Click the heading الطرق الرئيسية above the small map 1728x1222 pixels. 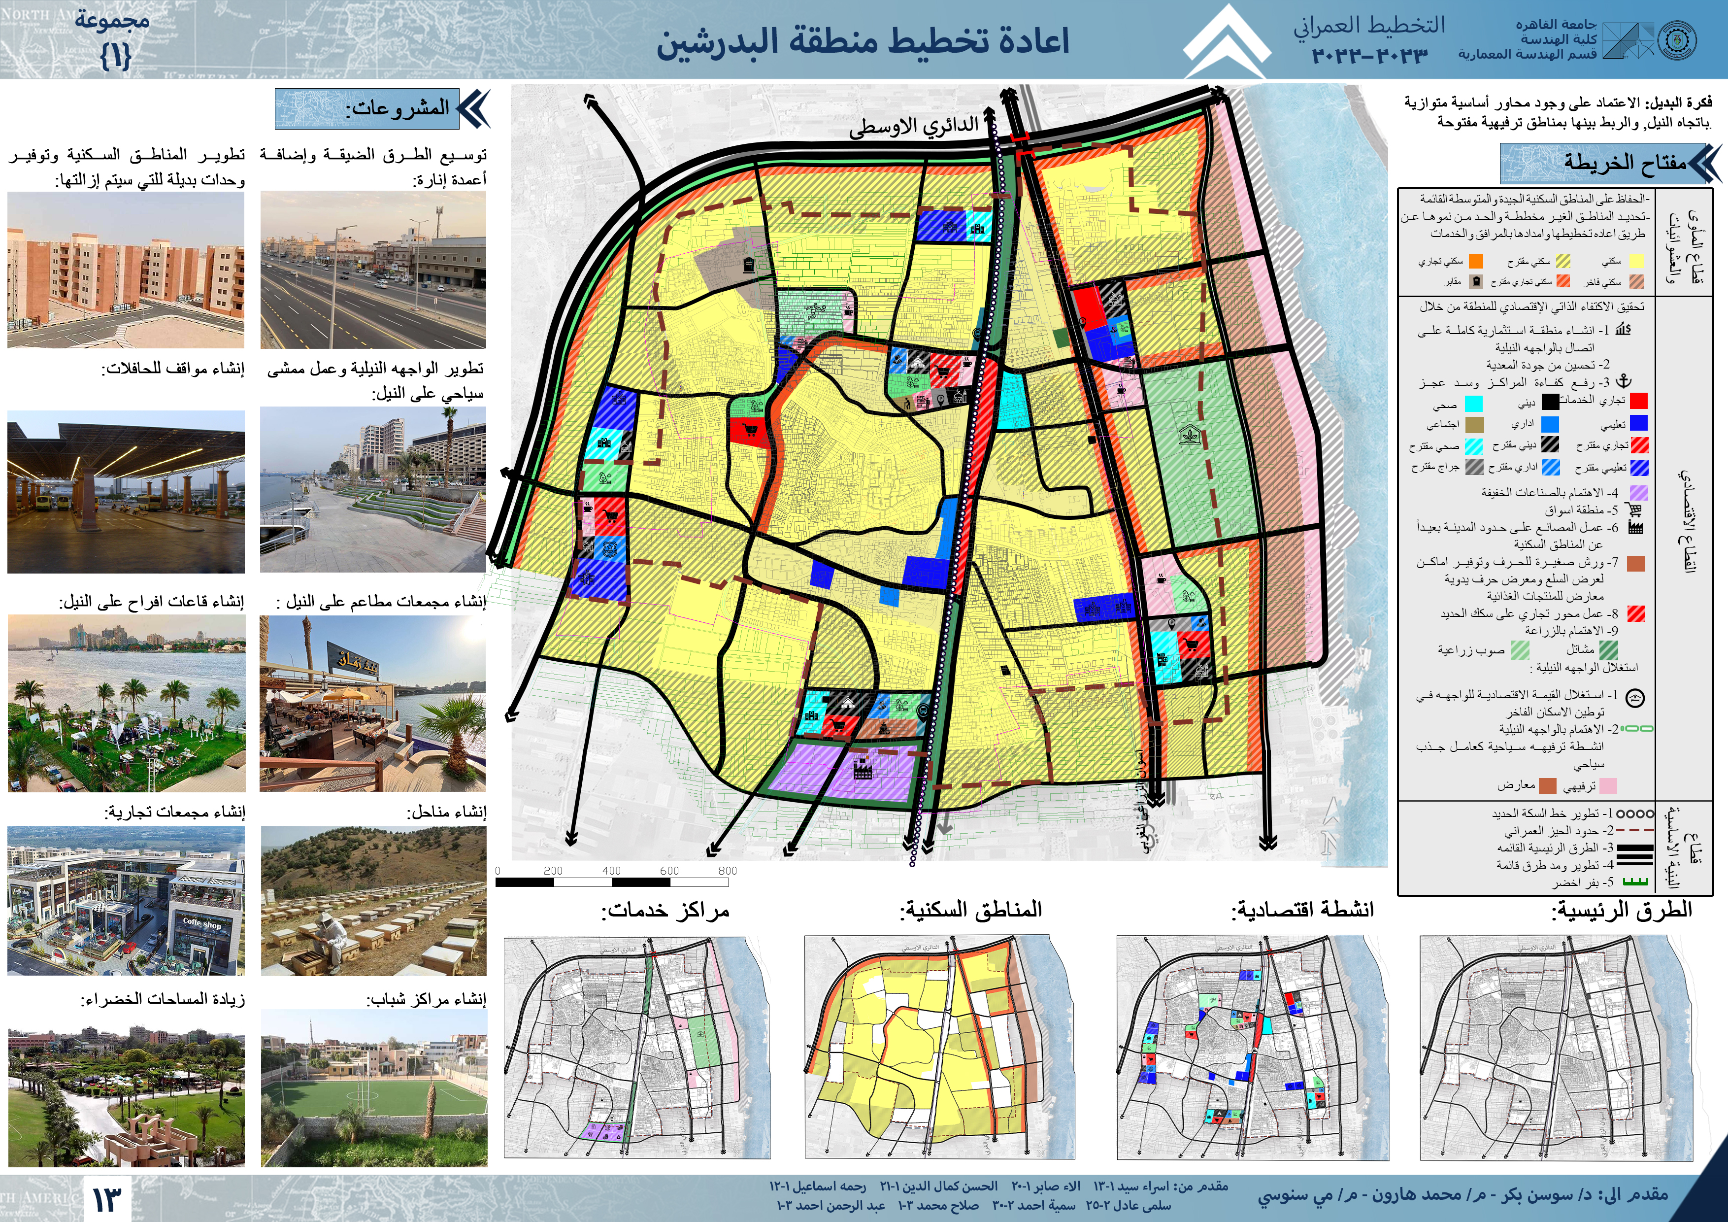click(1622, 910)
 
